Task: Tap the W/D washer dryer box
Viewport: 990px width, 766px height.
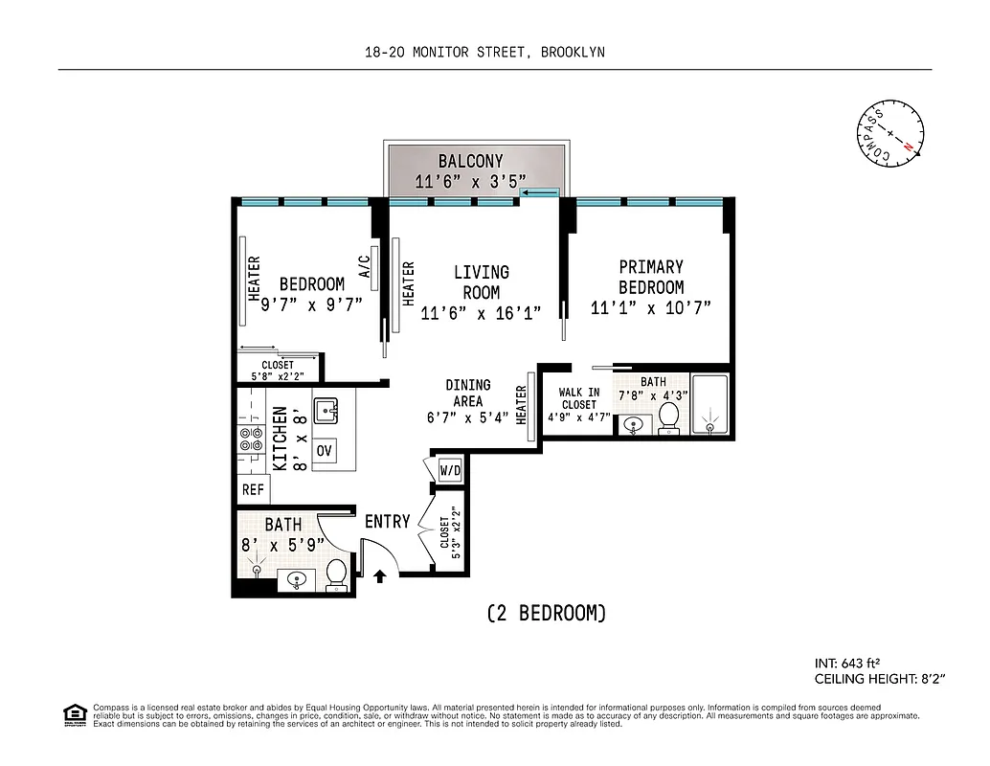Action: pyautogui.click(x=450, y=471)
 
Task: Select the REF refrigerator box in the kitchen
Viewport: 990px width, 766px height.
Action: pyautogui.click(x=253, y=489)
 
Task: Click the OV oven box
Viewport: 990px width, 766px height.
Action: pyautogui.click(x=324, y=450)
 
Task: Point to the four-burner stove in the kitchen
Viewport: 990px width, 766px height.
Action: pyautogui.click(x=252, y=439)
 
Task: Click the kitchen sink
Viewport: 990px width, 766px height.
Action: pyautogui.click(x=328, y=412)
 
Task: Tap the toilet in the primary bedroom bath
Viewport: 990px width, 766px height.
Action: pyautogui.click(x=669, y=417)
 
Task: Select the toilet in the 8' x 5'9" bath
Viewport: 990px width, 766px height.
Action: pyautogui.click(x=335, y=574)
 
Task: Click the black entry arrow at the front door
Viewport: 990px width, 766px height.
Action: pyautogui.click(x=379, y=576)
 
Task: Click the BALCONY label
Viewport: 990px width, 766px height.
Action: pyautogui.click(x=470, y=161)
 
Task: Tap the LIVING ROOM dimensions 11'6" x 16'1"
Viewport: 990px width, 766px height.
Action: pyautogui.click(x=481, y=313)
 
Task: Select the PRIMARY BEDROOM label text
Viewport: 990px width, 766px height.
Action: pyautogui.click(x=651, y=277)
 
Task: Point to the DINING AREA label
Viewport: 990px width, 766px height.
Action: pyautogui.click(x=467, y=394)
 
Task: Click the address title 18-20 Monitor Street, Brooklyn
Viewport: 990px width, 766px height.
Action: pyautogui.click(x=484, y=53)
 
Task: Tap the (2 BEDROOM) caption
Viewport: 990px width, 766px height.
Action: pyautogui.click(x=546, y=614)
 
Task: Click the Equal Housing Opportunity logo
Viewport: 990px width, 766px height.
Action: pyautogui.click(x=72, y=713)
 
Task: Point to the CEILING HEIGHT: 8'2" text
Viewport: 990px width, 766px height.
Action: pyautogui.click(x=880, y=679)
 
